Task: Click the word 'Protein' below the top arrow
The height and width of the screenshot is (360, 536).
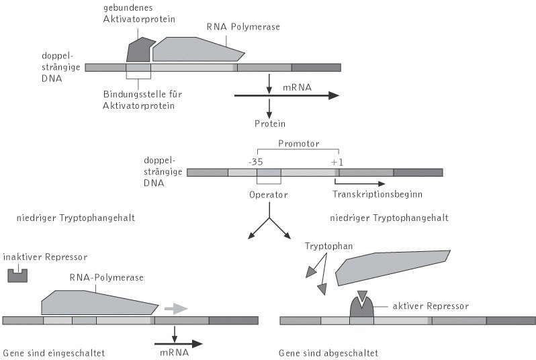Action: [270, 124]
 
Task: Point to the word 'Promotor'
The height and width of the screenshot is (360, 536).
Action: [298, 143]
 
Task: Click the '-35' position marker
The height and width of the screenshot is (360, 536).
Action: [256, 162]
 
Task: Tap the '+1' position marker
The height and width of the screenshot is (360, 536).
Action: [337, 162]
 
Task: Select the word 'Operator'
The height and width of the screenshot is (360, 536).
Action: [267, 195]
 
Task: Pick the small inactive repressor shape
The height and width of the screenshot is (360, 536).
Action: [17, 275]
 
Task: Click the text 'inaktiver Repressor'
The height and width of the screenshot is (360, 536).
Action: [45, 257]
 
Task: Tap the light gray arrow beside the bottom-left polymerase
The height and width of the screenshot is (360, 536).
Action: [177, 308]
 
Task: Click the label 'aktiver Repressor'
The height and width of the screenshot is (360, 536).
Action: [429, 306]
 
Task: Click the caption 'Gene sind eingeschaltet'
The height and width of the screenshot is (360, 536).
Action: [54, 352]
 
